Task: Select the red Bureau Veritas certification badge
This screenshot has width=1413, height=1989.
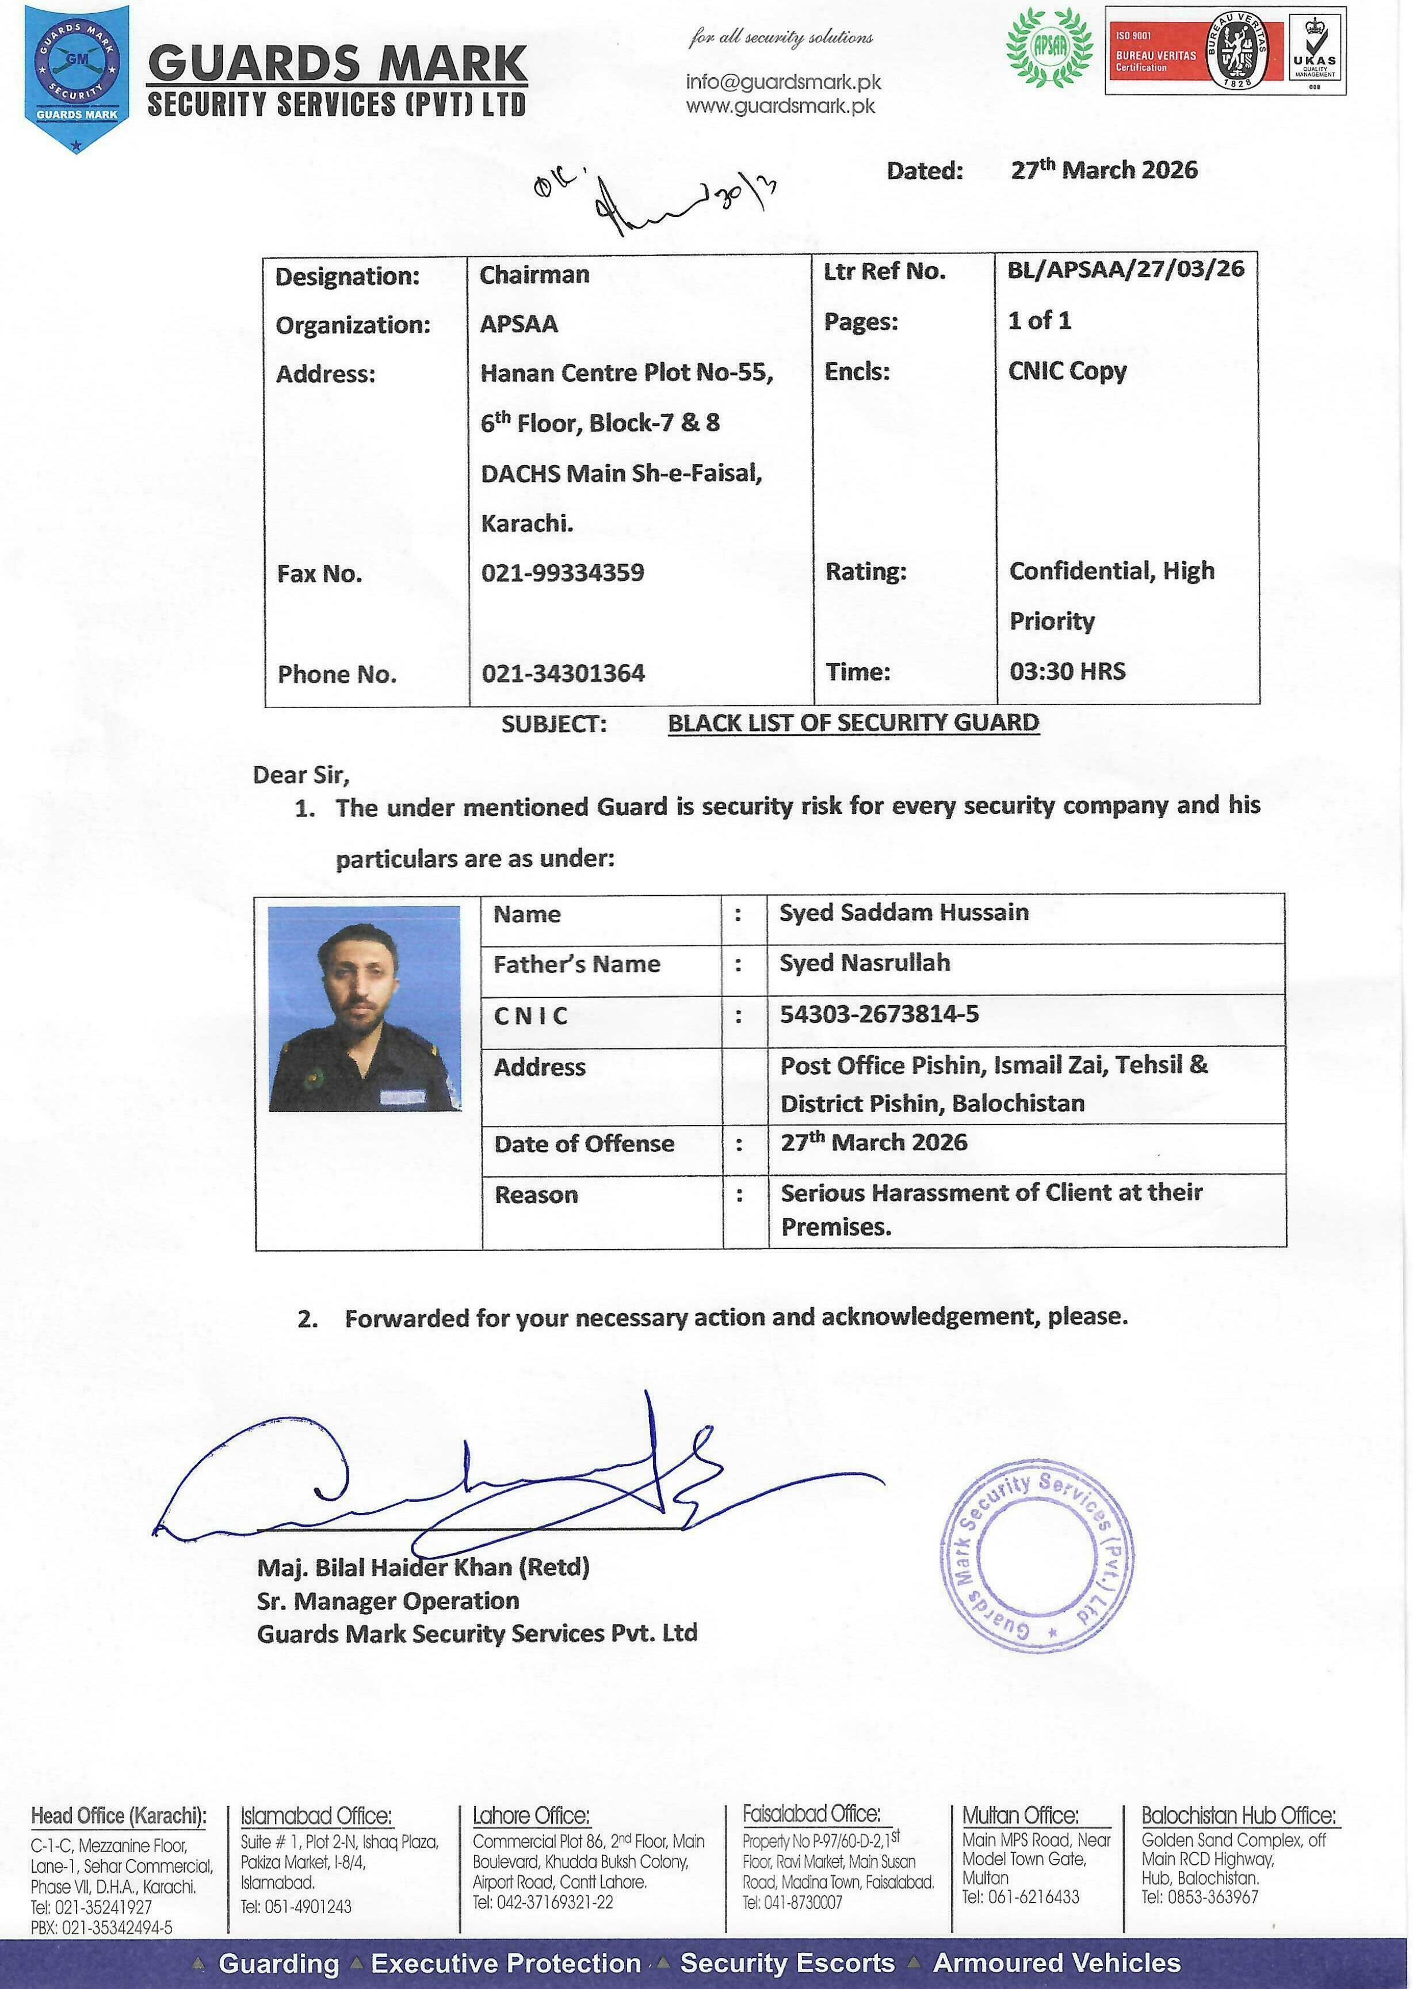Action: click(x=1194, y=51)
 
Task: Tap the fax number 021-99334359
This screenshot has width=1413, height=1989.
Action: click(x=563, y=573)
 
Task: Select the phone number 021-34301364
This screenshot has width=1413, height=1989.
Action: click(x=563, y=673)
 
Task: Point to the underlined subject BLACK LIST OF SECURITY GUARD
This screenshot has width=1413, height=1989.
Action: click(x=853, y=722)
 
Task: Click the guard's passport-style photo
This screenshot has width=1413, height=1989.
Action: click(x=365, y=1008)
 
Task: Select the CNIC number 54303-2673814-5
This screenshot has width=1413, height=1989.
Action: click(x=879, y=1014)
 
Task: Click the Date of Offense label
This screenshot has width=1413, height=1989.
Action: click(x=584, y=1144)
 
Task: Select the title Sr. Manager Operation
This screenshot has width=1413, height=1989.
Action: click(x=387, y=1601)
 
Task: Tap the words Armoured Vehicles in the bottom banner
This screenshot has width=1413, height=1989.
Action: click(x=1056, y=1964)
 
